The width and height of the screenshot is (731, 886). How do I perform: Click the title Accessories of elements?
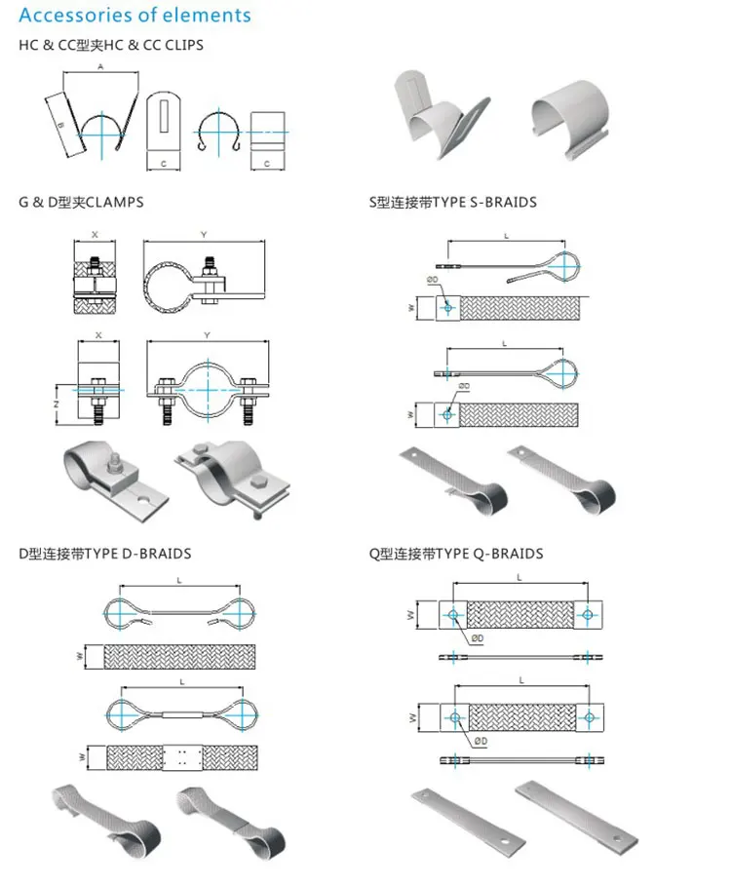[135, 16]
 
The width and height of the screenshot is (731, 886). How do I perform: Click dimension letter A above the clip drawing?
[100, 66]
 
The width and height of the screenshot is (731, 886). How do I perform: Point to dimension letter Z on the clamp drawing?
[57, 403]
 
